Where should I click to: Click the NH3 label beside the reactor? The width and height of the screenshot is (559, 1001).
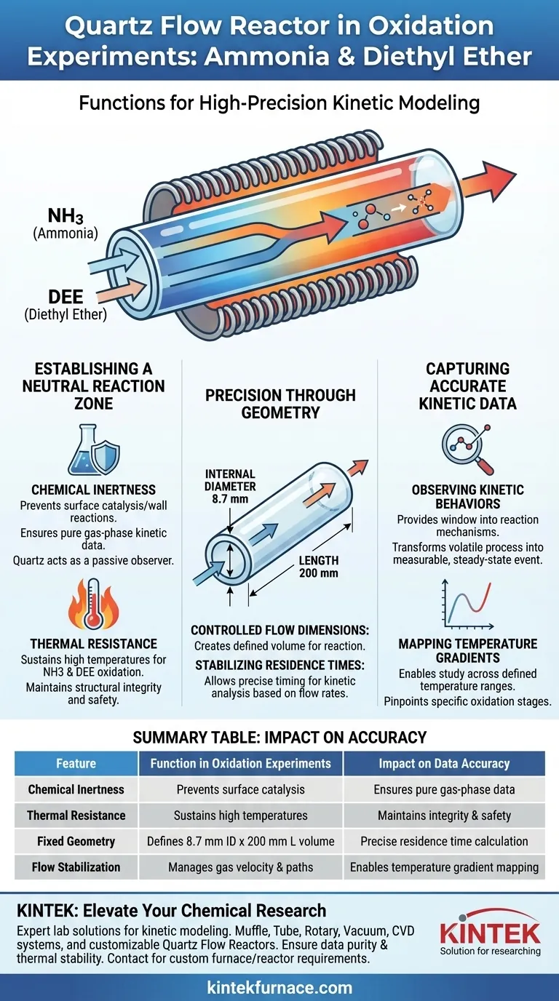[x=66, y=216]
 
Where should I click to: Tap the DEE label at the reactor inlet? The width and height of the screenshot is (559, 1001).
[x=66, y=297]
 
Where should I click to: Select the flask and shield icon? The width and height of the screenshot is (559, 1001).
[x=94, y=450]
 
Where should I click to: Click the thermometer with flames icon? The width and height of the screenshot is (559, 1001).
[x=93, y=605]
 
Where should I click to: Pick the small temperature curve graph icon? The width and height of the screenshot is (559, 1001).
[x=468, y=605]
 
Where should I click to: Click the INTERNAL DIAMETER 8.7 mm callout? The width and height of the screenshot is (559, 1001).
[x=230, y=486]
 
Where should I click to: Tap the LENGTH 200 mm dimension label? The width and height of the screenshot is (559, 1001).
[x=318, y=567]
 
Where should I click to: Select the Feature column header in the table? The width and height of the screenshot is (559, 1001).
[x=76, y=763]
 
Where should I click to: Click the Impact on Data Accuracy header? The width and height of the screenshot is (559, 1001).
[x=444, y=763]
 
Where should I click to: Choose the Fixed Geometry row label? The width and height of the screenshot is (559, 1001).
[x=76, y=841]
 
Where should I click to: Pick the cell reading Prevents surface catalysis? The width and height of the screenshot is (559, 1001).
[x=241, y=789]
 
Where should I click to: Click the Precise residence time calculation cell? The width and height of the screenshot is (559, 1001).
[x=444, y=841]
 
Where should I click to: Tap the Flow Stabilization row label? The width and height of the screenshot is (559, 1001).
[x=76, y=867]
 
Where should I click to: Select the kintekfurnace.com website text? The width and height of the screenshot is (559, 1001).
[x=279, y=987]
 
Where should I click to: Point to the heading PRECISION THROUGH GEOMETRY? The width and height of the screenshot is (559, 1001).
[x=280, y=404]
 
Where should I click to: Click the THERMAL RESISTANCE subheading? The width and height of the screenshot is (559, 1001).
[x=93, y=644]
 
